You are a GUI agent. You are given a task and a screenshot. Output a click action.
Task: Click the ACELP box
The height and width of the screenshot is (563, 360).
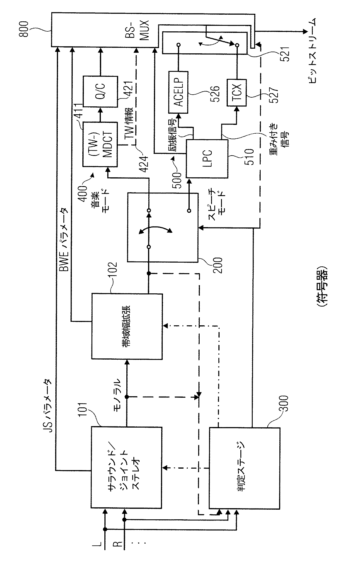coord(179,92)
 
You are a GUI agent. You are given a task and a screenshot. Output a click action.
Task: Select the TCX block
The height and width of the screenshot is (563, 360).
coord(237,92)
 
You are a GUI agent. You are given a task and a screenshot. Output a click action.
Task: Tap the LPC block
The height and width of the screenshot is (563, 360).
coord(207,159)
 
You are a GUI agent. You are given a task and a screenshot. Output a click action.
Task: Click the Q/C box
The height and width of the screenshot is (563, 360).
coord(101,91)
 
